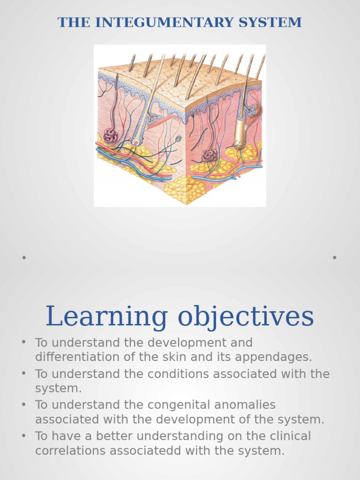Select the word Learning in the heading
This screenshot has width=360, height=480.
tap(106, 316)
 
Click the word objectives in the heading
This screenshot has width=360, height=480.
tap(246, 317)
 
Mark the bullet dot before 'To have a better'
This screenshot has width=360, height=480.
tap(24, 436)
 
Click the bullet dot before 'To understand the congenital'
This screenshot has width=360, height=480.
tap(24, 405)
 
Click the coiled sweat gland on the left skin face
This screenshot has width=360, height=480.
tap(111, 136)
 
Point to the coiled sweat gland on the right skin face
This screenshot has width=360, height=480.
tap(209, 155)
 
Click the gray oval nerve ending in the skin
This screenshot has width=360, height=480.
tap(178, 138)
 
